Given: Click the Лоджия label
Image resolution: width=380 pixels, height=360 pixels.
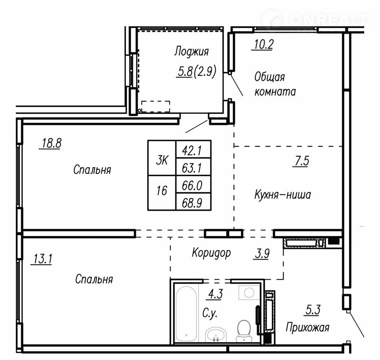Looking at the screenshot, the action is tap(191, 51).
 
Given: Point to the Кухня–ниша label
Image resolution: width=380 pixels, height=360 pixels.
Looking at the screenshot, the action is tap(283, 195).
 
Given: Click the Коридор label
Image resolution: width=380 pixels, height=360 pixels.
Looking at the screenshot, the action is tap(211, 253).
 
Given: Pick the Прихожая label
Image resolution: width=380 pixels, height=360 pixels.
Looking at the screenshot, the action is tap(307, 328).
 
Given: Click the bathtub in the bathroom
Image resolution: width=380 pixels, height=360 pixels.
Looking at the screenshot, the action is tap(186, 314).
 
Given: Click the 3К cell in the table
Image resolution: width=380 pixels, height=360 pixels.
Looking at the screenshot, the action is tap(162, 160).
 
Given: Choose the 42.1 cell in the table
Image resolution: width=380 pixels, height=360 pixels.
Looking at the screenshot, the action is tap(193, 151).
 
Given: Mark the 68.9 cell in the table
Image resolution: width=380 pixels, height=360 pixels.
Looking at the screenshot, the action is tap(193, 202).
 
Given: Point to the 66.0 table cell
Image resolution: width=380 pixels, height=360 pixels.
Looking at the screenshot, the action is tap(193, 185).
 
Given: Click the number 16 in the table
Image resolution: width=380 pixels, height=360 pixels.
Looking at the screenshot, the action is tap(161, 191).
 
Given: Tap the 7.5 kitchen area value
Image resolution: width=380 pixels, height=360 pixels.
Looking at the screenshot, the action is tap(301, 161).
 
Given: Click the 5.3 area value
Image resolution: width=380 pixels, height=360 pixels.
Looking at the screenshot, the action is tap(313, 310).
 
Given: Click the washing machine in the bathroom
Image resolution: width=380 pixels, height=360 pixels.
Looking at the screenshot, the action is tap(249, 293).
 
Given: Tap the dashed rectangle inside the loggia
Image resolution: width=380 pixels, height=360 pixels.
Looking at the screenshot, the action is tap(156, 106).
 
